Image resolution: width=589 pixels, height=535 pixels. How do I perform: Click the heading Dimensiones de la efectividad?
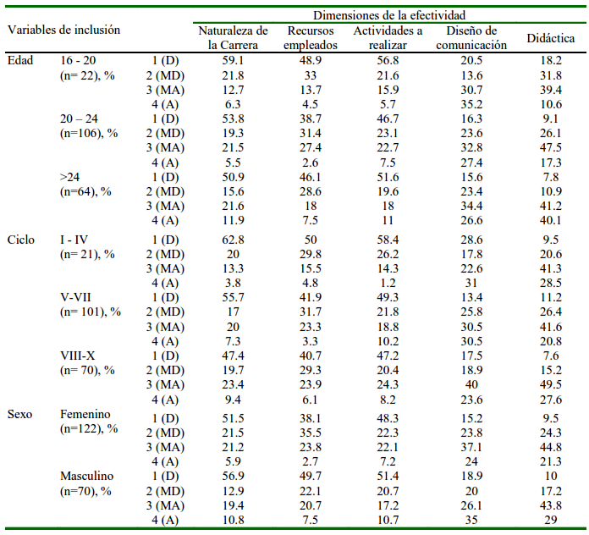pyautogui.click(x=389, y=15)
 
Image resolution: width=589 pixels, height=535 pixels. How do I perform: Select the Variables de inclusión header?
pyautogui.click(x=64, y=30)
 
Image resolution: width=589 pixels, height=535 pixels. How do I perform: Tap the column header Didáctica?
pyautogui.click(x=551, y=39)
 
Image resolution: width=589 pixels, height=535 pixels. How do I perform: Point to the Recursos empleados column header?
pyautogui.click(x=311, y=39)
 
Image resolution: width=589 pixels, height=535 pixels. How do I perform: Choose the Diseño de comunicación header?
pyautogui.click(x=471, y=39)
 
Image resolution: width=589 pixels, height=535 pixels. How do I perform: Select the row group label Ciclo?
pyautogui.click(x=21, y=240)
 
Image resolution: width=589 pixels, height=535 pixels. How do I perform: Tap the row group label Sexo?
pyautogui.click(x=21, y=414)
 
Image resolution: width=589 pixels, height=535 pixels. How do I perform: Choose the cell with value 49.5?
pyautogui.click(x=551, y=385)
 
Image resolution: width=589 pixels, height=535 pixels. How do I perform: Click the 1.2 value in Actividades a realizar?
pyautogui.click(x=388, y=283)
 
